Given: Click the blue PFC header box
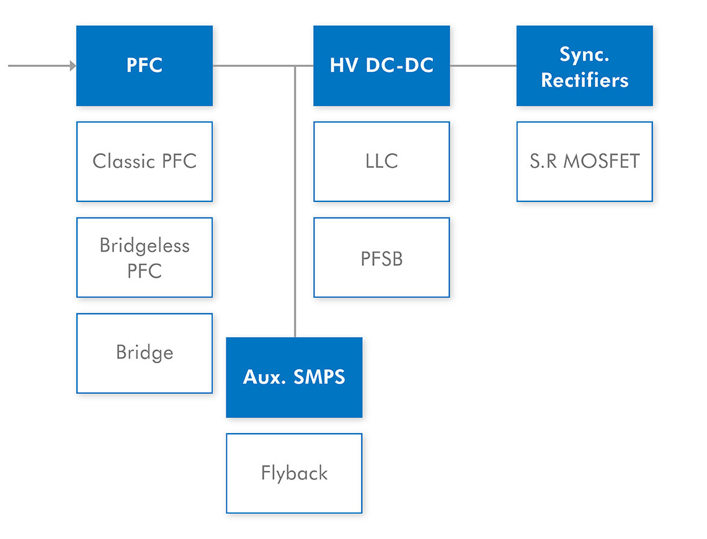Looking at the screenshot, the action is pyautogui.click(x=145, y=66).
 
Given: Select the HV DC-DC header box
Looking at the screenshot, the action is pyautogui.click(x=381, y=66).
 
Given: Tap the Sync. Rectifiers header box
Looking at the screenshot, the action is pyautogui.click(x=584, y=66).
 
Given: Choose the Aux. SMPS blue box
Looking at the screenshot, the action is pyautogui.click(x=294, y=377).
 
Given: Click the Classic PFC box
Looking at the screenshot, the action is pyautogui.click(x=145, y=162).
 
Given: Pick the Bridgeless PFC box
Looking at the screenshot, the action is pyautogui.click(x=145, y=258).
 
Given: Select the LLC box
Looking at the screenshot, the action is pyautogui.click(x=381, y=162).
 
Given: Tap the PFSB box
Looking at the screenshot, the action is pyautogui.click(x=381, y=258).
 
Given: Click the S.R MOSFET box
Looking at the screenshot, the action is pyautogui.click(x=584, y=162).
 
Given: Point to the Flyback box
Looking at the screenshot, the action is pyautogui.click(x=294, y=473).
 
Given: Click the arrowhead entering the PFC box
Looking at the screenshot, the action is pyautogui.click(x=73, y=66).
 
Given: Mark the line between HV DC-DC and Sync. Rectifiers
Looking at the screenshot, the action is pyautogui.click(x=483, y=66).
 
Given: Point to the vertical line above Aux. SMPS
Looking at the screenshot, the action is pyautogui.click(x=295, y=202).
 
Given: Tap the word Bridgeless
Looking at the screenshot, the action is pyautogui.click(x=145, y=246).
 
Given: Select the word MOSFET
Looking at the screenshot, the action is pyautogui.click(x=602, y=161).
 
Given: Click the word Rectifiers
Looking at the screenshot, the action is pyautogui.click(x=584, y=80).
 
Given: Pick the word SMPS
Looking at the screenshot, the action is pyautogui.click(x=319, y=377).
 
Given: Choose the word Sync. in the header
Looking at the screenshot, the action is pyautogui.click(x=584, y=55).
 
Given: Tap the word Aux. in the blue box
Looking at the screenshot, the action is pyautogui.click(x=265, y=377).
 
